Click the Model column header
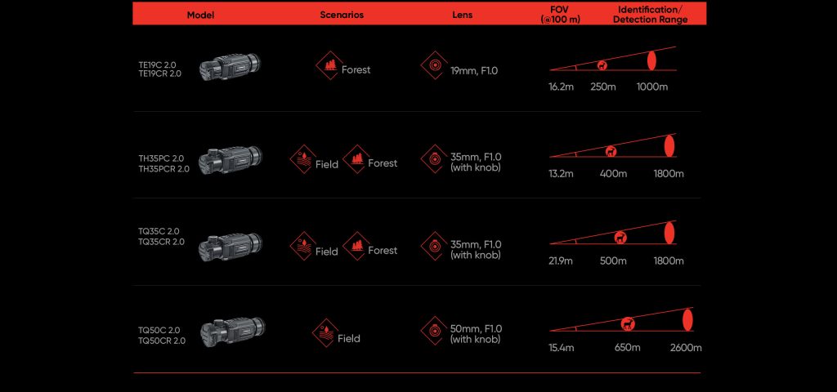tap(200, 15)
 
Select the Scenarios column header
tap(342, 15)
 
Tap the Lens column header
tap(463, 15)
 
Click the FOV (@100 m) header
tap(560, 15)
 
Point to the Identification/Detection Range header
tap(650, 15)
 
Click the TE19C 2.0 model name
tap(157, 65)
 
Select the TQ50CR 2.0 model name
tap(162, 341)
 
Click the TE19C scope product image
tap(230, 67)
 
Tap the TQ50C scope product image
tap(233, 332)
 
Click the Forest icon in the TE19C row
tap(329, 65)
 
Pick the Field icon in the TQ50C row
tap(325, 333)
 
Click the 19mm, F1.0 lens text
tap(474, 70)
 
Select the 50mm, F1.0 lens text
tap(477, 328)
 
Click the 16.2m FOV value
tap(561, 87)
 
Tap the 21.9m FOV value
tap(561, 261)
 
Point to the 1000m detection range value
tap(651, 87)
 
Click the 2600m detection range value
tap(686, 348)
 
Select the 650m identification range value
tap(627, 348)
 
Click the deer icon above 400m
tap(611, 151)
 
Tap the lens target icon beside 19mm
tap(435, 65)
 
